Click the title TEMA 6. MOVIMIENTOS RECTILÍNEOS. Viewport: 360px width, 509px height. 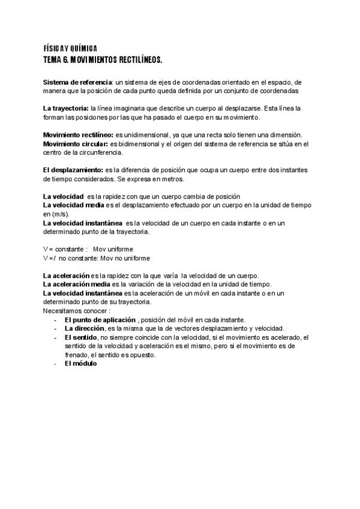click(103, 61)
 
